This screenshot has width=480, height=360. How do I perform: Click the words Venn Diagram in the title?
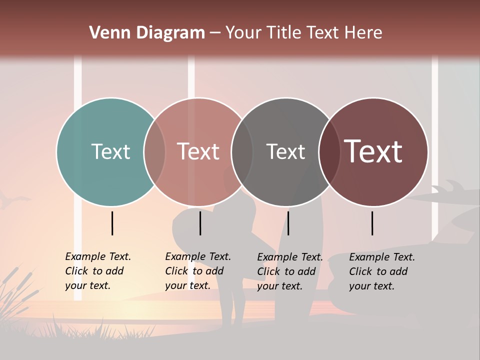[147, 33]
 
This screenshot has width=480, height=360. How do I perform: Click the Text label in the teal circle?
[110, 151]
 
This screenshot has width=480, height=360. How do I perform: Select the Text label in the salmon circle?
[198, 151]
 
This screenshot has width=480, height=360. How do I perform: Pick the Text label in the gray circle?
[285, 151]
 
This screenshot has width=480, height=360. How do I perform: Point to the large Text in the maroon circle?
[373, 151]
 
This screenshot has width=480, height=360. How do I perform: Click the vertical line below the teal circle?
[112, 223]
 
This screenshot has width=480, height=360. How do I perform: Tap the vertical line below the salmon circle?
[200, 223]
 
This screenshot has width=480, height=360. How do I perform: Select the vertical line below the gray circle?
[288, 223]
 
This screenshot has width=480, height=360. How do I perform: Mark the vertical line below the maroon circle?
[372, 223]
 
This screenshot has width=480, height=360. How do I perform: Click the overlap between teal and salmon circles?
[154, 151]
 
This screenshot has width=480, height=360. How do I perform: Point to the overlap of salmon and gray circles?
[242, 151]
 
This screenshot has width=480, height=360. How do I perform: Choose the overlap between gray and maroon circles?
[329, 151]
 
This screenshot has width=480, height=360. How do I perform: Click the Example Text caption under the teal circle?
[98, 271]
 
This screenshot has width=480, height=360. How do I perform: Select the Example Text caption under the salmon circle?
[198, 271]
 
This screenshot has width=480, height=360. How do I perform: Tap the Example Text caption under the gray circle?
[290, 271]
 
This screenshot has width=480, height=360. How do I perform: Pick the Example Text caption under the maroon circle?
[382, 271]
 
